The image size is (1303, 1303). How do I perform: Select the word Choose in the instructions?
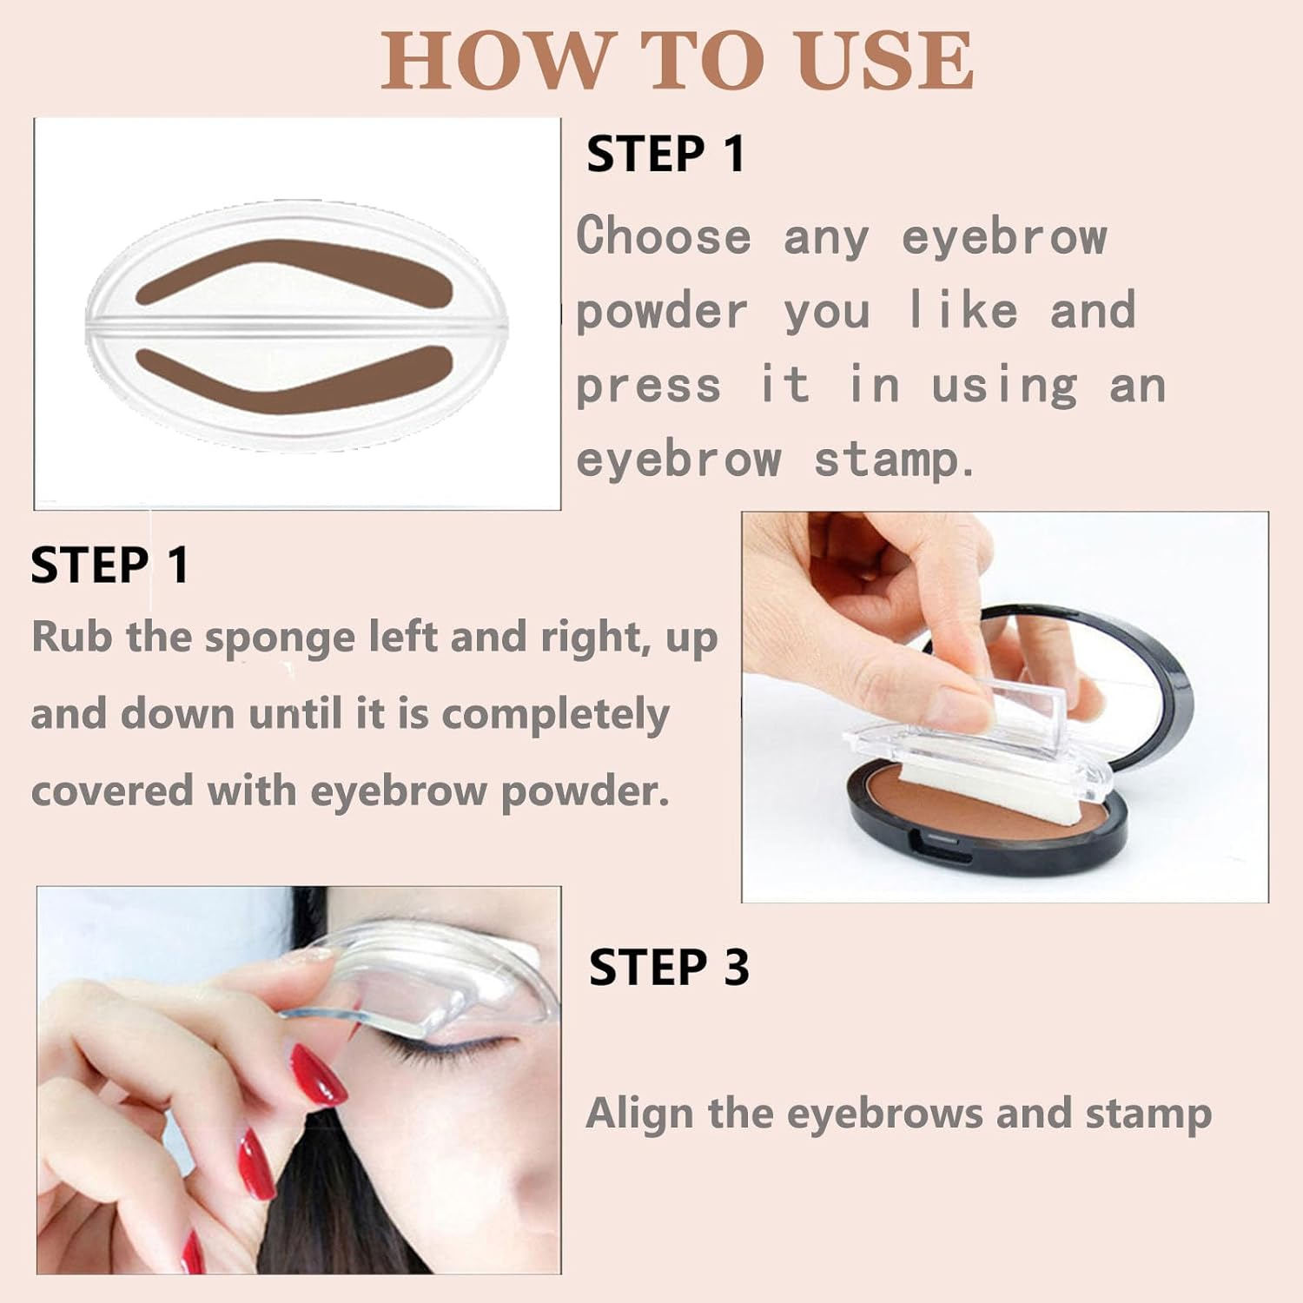point(664,236)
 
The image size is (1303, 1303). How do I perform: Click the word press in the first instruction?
point(648,387)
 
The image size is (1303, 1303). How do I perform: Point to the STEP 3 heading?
point(668,968)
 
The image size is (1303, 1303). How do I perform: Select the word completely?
point(555,715)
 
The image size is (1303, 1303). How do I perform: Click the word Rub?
point(72,637)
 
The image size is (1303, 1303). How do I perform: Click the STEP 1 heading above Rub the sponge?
point(109,566)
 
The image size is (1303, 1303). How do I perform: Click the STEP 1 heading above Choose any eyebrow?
point(665,155)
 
